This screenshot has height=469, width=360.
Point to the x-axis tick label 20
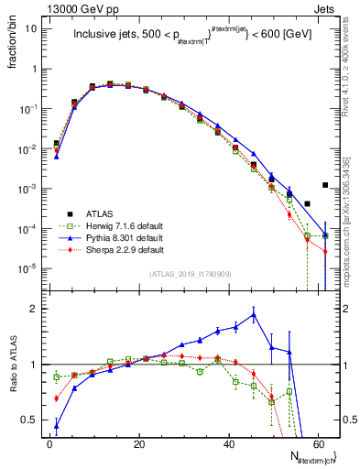138,441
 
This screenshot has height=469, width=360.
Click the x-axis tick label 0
49,441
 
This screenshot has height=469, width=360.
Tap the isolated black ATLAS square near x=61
325,184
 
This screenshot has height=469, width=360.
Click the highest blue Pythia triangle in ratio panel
254,314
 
